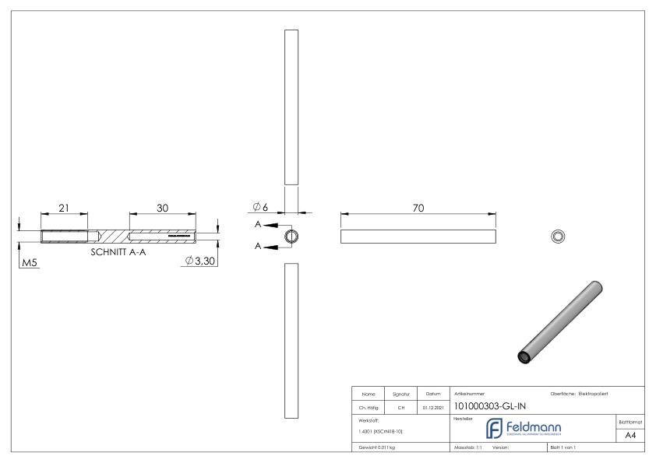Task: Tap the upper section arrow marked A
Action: point(266,225)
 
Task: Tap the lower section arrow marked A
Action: point(266,247)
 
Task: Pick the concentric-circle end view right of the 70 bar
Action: point(558,236)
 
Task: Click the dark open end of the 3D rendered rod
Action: point(525,356)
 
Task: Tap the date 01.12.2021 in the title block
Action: point(433,405)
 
